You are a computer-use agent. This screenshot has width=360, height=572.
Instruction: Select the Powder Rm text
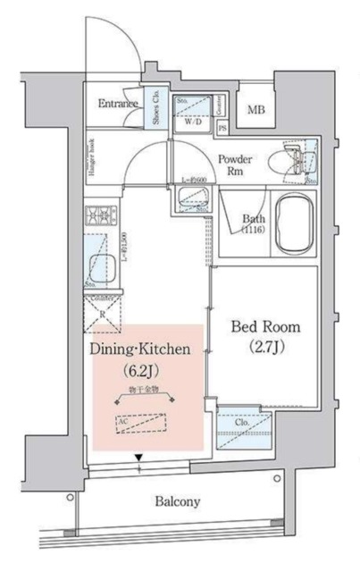[235, 164]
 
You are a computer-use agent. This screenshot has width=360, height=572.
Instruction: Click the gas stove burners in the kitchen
[97, 217]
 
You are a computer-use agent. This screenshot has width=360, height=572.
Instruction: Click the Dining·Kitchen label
[140, 350]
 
